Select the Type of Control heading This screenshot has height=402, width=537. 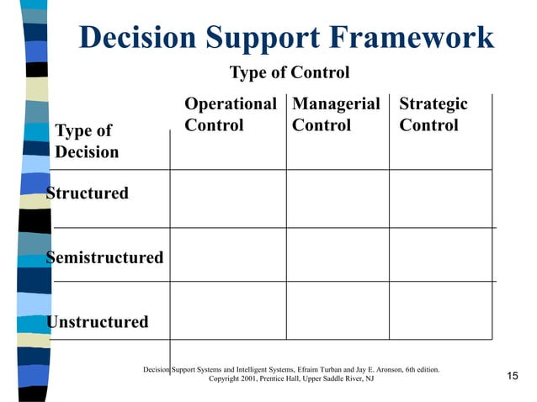[290, 72]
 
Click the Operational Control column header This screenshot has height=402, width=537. [230, 115]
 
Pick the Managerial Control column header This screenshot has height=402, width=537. [336, 115]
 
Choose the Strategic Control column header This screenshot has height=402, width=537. [433, 115]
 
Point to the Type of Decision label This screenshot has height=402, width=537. [87, 141]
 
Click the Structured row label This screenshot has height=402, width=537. [88, 193]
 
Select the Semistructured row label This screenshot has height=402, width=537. [104, 257]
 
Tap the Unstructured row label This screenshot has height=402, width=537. [98, 321]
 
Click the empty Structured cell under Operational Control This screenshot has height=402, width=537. [228, 198]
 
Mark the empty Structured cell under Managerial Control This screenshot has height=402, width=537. [338, 198]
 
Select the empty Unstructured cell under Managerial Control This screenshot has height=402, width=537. [338, 310]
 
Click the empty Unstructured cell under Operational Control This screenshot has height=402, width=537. [228, 310]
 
